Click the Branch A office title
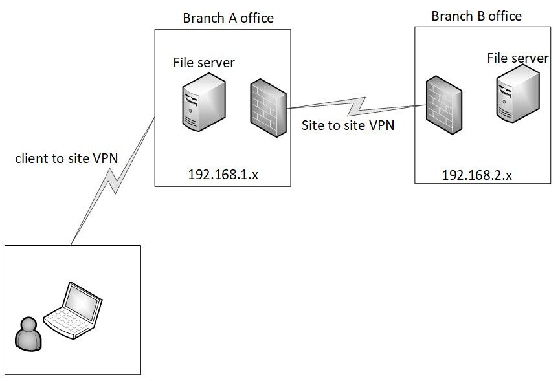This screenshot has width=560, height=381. pos(228,18)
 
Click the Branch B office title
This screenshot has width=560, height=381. pos(476,16)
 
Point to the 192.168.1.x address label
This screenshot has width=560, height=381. pos(223,173)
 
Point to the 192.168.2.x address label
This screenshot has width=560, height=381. pos(476,174)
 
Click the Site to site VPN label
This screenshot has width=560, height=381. pos(348,125)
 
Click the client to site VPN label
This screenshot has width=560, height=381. pos(67,158)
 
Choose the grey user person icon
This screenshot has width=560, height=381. pos(28,334)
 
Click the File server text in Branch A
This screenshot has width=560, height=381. pos(203,63)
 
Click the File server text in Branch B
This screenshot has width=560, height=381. pos(517,59)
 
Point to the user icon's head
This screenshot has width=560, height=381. pos(28,324)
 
